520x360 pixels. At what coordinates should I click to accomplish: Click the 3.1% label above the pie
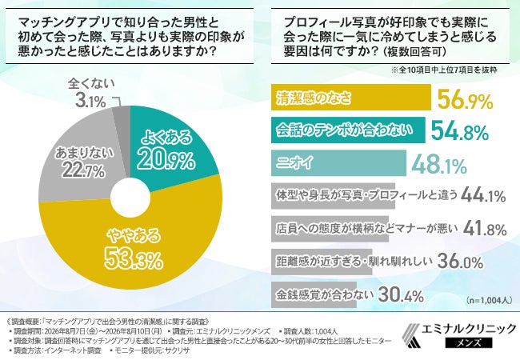[90, 101]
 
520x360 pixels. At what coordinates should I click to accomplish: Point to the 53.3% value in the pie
[134, 259]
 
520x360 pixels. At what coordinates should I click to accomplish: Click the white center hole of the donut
[130, 198]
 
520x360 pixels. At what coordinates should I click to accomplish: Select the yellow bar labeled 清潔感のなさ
[351, 97]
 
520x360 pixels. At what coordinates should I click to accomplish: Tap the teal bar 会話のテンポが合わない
[348, 130]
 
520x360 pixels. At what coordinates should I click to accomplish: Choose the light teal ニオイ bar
[338, 163]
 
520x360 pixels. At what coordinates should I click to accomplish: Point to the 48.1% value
[439, 165]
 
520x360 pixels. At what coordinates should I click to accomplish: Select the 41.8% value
[485, 228]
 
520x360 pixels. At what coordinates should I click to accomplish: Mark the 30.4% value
[401, 294]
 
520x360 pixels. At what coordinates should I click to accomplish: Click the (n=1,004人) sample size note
[489, 300]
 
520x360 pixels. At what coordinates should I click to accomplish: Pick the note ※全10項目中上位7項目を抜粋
[444, 70]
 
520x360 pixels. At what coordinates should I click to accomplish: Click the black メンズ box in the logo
[469, 342]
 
